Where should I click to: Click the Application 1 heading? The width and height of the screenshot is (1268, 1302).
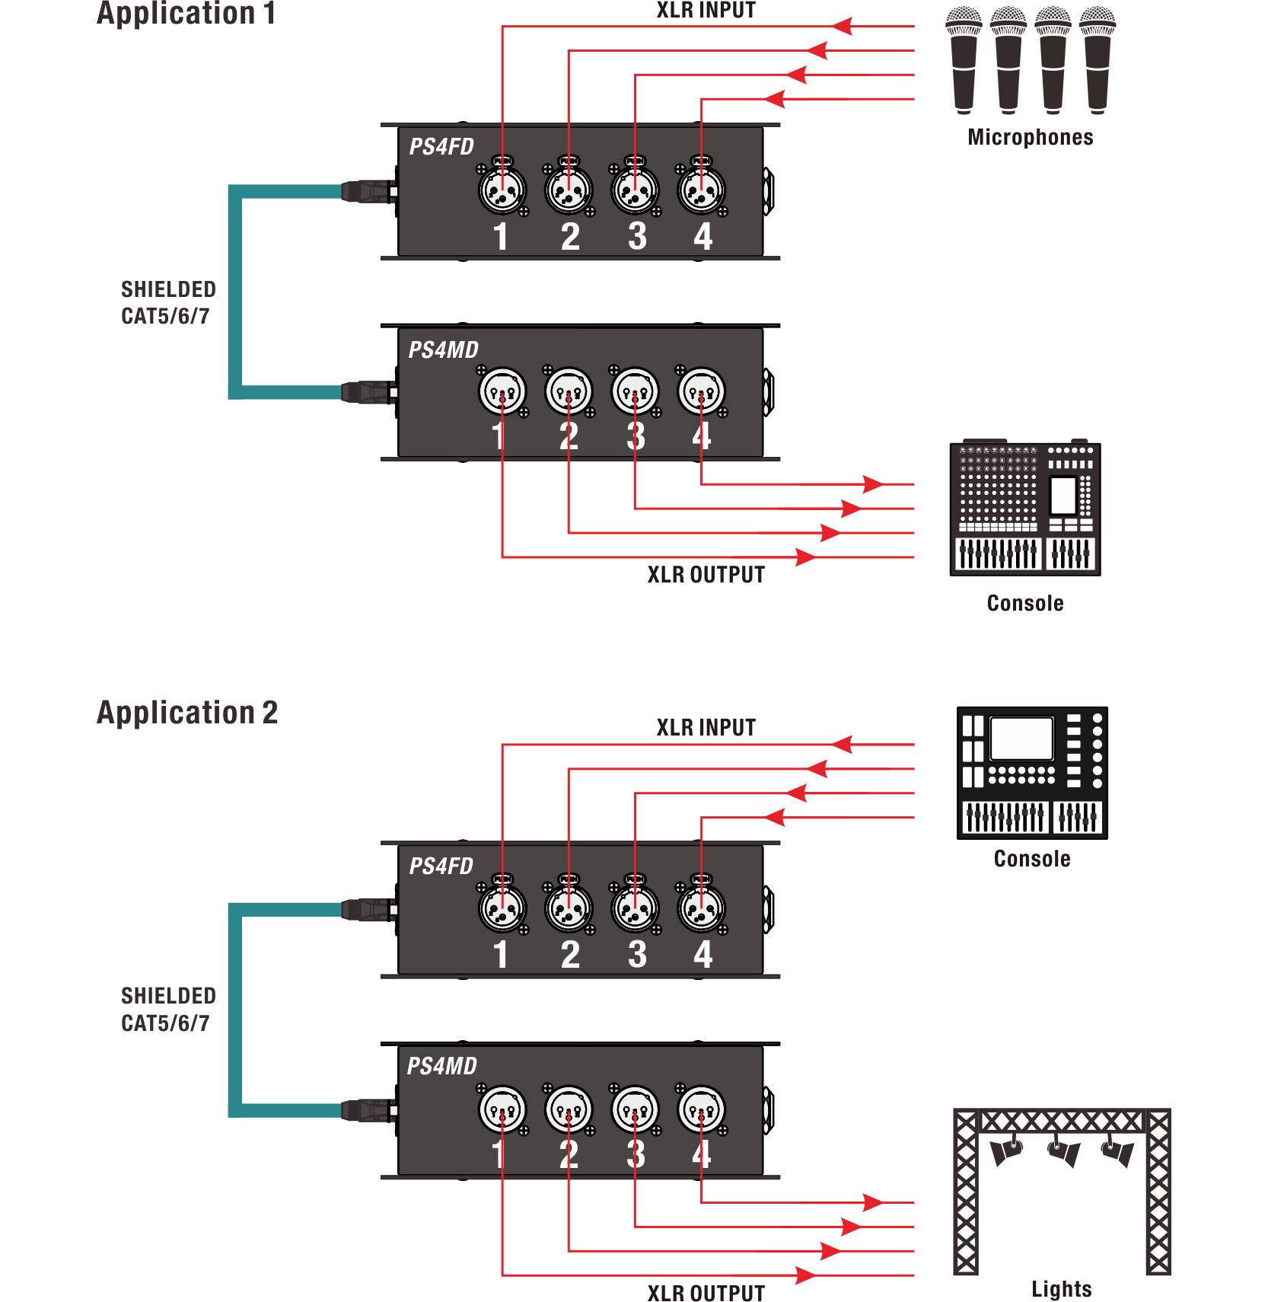(186, 14)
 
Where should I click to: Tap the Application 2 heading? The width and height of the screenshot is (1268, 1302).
(187, 713)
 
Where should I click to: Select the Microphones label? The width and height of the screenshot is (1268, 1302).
(1031, 137)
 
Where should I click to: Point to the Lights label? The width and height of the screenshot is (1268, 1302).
(1062, 1289)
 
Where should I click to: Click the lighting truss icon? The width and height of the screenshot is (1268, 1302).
(1062, 1192)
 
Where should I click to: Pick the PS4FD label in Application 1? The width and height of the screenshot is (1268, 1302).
(441, 147)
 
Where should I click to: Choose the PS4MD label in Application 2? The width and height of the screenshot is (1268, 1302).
(442, 1066)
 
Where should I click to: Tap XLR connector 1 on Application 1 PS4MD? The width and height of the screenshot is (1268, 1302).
(502, 391)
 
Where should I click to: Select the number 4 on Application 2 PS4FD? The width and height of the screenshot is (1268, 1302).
(702, 955)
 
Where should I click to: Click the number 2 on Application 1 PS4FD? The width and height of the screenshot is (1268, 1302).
(570, 237)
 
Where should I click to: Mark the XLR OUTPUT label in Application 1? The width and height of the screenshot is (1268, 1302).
(706, 575)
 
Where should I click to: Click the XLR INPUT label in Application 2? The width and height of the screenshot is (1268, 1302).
(706, 728)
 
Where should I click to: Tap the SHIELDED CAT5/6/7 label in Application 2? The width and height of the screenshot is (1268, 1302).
(168, 1010)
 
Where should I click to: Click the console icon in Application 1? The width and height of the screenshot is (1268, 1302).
(1025, 509)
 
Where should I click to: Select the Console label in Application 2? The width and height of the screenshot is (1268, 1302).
(1032, 859)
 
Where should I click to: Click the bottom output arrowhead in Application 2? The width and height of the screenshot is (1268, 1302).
(805, 1275)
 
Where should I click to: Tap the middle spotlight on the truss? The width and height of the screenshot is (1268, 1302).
(1064, 1150)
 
